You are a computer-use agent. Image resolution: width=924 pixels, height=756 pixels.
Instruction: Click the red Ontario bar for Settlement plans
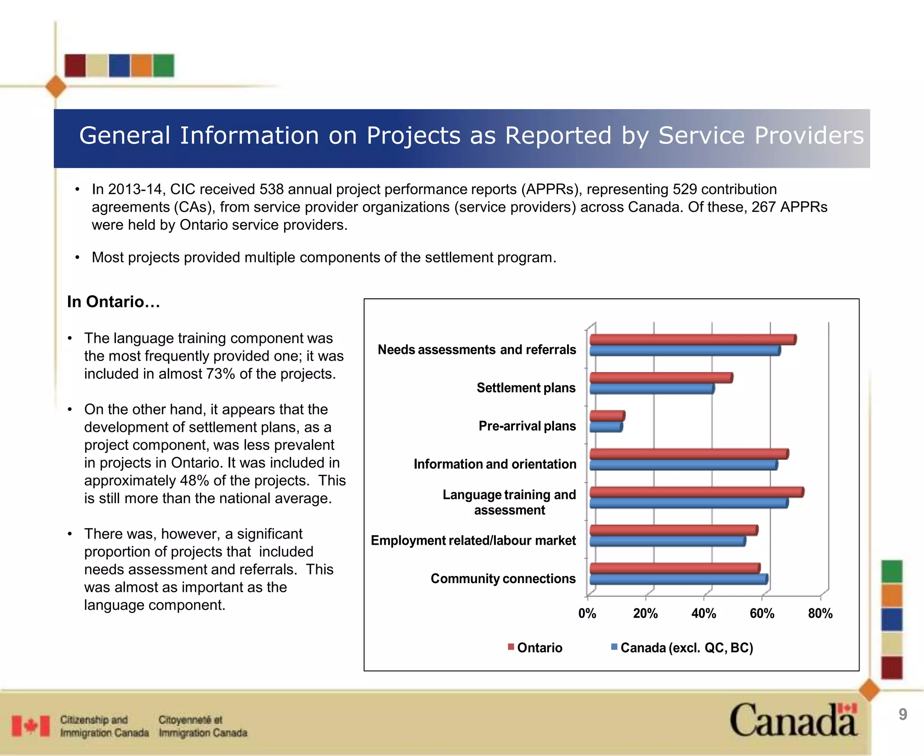click(x=661, y=378)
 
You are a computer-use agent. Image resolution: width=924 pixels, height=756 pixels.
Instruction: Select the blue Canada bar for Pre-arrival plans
click(x=605, y=427)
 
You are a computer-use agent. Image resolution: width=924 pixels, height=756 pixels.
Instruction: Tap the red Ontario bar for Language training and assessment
click(x=696, y=492)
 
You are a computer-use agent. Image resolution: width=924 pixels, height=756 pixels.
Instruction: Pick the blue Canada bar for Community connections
click(x=678, y=580)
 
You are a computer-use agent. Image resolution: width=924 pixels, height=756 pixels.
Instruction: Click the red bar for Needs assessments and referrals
click(x=692, y=339)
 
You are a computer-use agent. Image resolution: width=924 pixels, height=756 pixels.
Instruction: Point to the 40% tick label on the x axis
click(x=703, y=613)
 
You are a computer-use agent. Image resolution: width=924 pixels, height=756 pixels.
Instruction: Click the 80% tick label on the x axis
click(x=820, y=613)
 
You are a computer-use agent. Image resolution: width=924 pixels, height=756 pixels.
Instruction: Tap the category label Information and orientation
click(x=494, y=464)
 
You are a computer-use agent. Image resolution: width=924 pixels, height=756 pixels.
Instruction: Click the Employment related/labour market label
click(x=473, y=540)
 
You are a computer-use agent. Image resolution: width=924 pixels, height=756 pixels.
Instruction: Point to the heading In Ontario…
click(x=113, y=301)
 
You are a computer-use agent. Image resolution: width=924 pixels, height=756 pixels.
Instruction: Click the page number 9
click(x=902, y=714)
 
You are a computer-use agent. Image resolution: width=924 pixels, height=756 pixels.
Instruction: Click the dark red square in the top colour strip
click(x=75, y=65)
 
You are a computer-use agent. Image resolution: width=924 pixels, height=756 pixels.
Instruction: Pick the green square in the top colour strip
click(x=163, y=65)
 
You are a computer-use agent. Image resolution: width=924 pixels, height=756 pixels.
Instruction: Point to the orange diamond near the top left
click(x=56, y=87)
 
